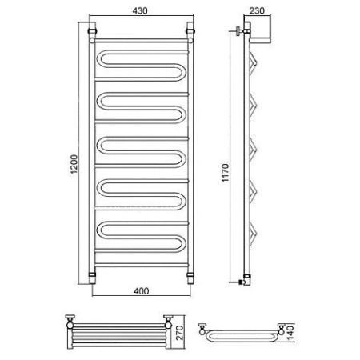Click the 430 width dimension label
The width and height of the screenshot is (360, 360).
pyautogui.click(x=140, y=10)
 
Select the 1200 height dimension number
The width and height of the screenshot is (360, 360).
pyautogui.click(x=74, y=164)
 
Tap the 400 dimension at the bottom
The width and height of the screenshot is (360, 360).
pyautogui.click(x=141, y=291)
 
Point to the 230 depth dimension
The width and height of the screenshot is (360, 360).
pyautogui.click(x=257, y=10)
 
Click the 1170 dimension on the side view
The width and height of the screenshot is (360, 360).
pyautogui.click(x=225, y=173)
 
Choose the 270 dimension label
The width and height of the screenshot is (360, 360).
pyautogui.click(x=180, y=333)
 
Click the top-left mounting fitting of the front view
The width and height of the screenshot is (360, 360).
pyautogui.click(x=92, y=31)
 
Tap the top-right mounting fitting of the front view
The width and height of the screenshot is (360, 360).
pyautogui.click(x=190, y=31)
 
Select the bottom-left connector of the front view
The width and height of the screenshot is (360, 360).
pyautogui.click(x=92, y=278)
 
